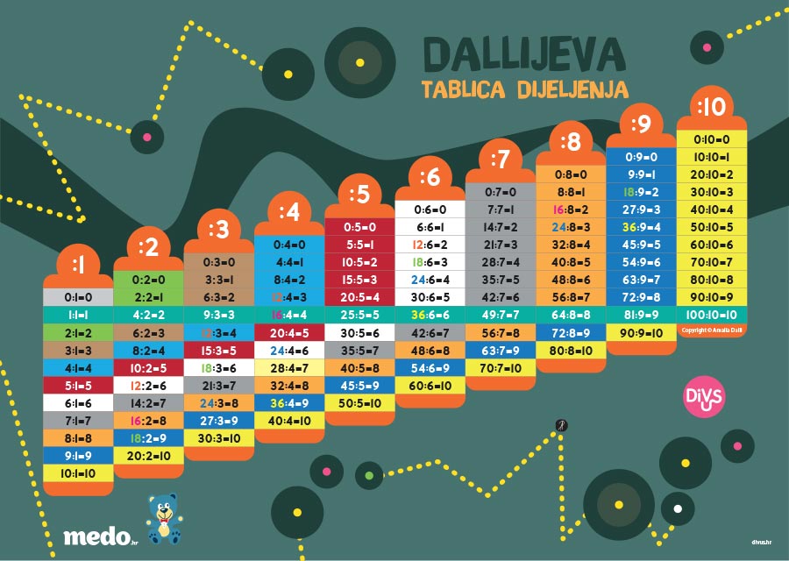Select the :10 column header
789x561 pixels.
(711, 107)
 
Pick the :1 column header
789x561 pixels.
(78, 263)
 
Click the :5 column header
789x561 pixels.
(359, 194)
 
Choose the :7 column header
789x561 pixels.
(500, 160)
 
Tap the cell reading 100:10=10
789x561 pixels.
(711, 314)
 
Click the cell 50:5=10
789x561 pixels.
(359, 402)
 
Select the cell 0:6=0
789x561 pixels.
(430, 209)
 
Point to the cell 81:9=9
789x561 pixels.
(640, 314)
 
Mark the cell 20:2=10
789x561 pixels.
(148, 456)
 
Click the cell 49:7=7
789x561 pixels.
(500, 314)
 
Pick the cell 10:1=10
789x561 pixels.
(78, 473)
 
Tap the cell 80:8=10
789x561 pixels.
(570, 350)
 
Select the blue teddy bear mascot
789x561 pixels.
(164, 518)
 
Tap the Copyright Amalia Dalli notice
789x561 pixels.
(711, 330)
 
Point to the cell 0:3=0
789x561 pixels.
(218, 262)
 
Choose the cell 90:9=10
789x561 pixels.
(640, 332)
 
